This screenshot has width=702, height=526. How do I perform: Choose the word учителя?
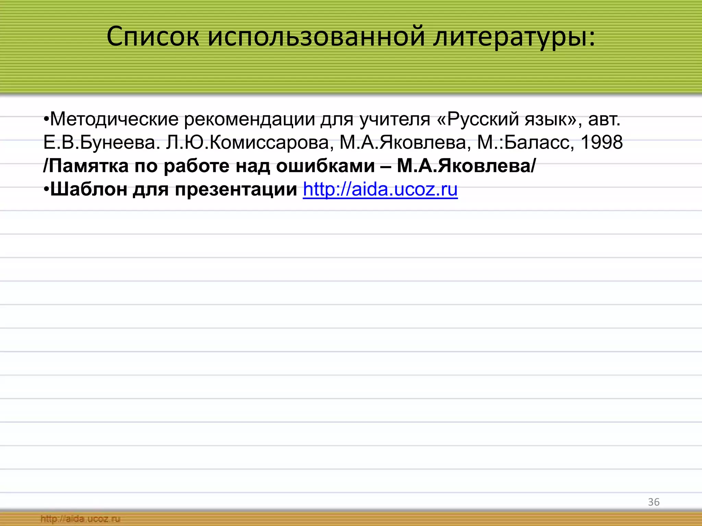(395, 119)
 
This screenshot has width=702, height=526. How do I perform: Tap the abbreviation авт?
(604, 119)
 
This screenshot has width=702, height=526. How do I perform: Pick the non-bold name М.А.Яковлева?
(403, 142)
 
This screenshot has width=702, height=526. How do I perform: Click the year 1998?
(602, 142)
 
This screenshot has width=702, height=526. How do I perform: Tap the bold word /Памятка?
(86, 166)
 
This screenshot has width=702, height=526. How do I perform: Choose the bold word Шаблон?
(89, 189)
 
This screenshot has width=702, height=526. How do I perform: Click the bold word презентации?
(236, 189)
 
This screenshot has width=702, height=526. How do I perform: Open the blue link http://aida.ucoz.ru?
(380, 189)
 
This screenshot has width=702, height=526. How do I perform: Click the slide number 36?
(654, 502)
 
